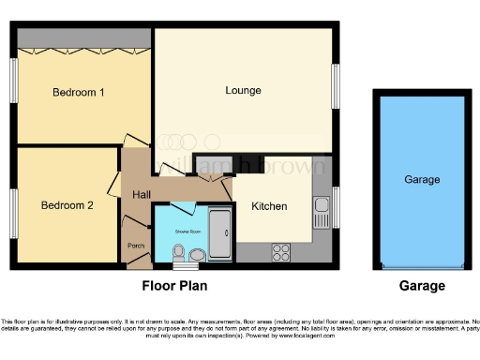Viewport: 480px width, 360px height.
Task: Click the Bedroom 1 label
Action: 78,92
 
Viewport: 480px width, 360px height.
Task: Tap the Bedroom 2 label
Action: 67,204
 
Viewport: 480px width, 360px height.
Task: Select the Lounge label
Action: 243,90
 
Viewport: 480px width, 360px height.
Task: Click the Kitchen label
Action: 269,206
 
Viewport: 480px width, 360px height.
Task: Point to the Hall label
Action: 141,194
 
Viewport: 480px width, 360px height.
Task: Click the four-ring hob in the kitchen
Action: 280,250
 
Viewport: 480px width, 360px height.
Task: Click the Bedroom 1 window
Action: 14,82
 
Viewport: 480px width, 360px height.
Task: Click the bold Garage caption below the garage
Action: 421,286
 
